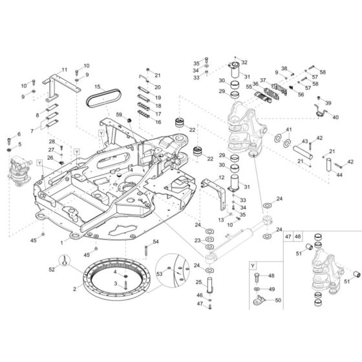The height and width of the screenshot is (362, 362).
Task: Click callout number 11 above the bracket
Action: (x=65, y=70)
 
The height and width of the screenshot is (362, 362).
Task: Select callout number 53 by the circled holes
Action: (x=159, y=275)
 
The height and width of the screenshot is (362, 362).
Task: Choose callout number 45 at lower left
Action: (x=34, y=240)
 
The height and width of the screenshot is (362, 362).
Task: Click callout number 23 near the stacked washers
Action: (x=197, y=241)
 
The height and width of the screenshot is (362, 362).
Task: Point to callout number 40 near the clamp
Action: (x=335, y=117)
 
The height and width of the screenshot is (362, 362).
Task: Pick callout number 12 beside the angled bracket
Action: (x=221, y=177)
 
